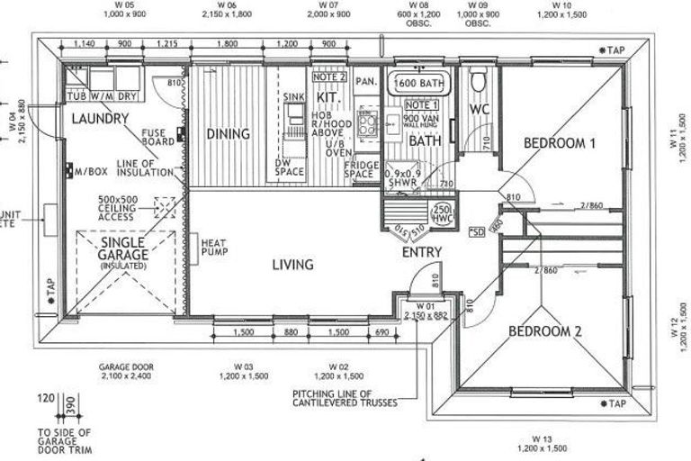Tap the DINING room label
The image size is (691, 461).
coord(228,134)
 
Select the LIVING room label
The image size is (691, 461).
coord(293,265)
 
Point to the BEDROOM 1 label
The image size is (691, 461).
coord(560,143)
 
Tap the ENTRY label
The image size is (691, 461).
coord(421,253)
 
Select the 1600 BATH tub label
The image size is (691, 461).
coord(419,85)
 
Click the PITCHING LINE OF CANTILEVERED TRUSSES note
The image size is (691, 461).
coord(345,398)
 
